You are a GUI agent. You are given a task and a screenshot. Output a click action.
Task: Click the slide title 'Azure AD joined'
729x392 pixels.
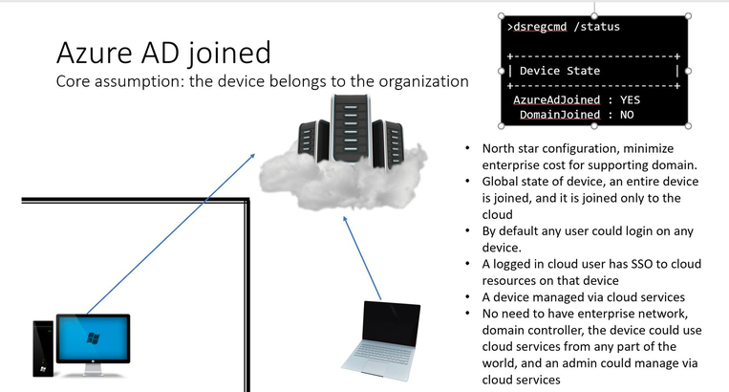coord(163,53)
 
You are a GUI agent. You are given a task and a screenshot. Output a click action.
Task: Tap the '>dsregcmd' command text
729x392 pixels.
coord(537,27)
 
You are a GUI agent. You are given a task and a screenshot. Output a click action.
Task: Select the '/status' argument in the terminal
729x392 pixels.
coord(596,27)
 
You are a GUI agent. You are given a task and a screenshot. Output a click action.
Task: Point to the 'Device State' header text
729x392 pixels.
coord(560,71)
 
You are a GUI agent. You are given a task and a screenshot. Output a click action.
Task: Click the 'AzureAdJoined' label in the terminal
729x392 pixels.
coord(556,100)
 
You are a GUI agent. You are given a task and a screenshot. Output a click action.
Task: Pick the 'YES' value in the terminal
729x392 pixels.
coord(630,100)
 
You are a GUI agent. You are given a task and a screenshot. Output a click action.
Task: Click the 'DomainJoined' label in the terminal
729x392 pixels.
coord(560,115)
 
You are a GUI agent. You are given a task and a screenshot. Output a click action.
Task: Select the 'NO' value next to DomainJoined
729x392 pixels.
coord(627,115)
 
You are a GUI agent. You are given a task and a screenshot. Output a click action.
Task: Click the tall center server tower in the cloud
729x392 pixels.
coord(351,128)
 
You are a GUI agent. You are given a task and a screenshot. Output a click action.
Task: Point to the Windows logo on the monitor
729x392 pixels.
coord(93,338)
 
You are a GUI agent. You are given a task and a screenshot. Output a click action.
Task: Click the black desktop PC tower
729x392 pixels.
coord(43,348)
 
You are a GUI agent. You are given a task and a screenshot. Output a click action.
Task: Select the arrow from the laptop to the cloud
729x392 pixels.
coord(362,258)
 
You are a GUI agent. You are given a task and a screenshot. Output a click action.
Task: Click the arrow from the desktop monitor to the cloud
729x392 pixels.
coord(171,233)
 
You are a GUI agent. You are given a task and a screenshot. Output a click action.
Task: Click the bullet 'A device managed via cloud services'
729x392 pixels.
coord(584,297)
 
